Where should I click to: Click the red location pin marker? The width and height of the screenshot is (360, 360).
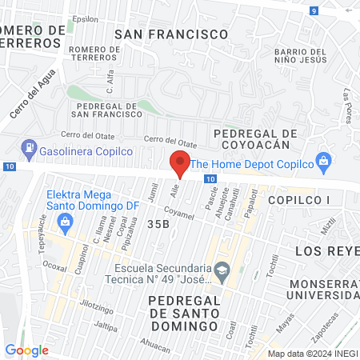coord(181,164)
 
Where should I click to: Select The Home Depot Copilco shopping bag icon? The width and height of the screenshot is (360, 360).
coord(323,161)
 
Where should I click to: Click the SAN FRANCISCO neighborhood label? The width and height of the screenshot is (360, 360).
coord(171,34)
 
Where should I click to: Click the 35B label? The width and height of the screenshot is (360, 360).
coord(158,225)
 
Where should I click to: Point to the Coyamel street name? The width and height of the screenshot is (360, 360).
coord(179,215)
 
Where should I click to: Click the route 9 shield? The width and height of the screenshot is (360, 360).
coord(314,10)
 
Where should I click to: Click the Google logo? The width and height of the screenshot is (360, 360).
coord(26,350)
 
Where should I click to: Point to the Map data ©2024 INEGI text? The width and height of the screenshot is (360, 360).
coord(311,353)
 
